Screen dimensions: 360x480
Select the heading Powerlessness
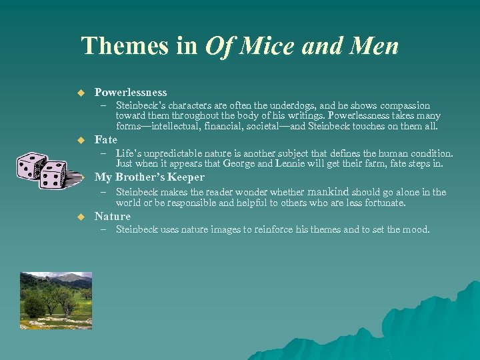[131, 92]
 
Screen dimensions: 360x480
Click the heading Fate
[106, 139]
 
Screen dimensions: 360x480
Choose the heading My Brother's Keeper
[150, 177]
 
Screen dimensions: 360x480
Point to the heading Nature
[113, 216]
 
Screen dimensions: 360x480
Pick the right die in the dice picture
[53, 175]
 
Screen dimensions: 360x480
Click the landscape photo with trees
[56, 295]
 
